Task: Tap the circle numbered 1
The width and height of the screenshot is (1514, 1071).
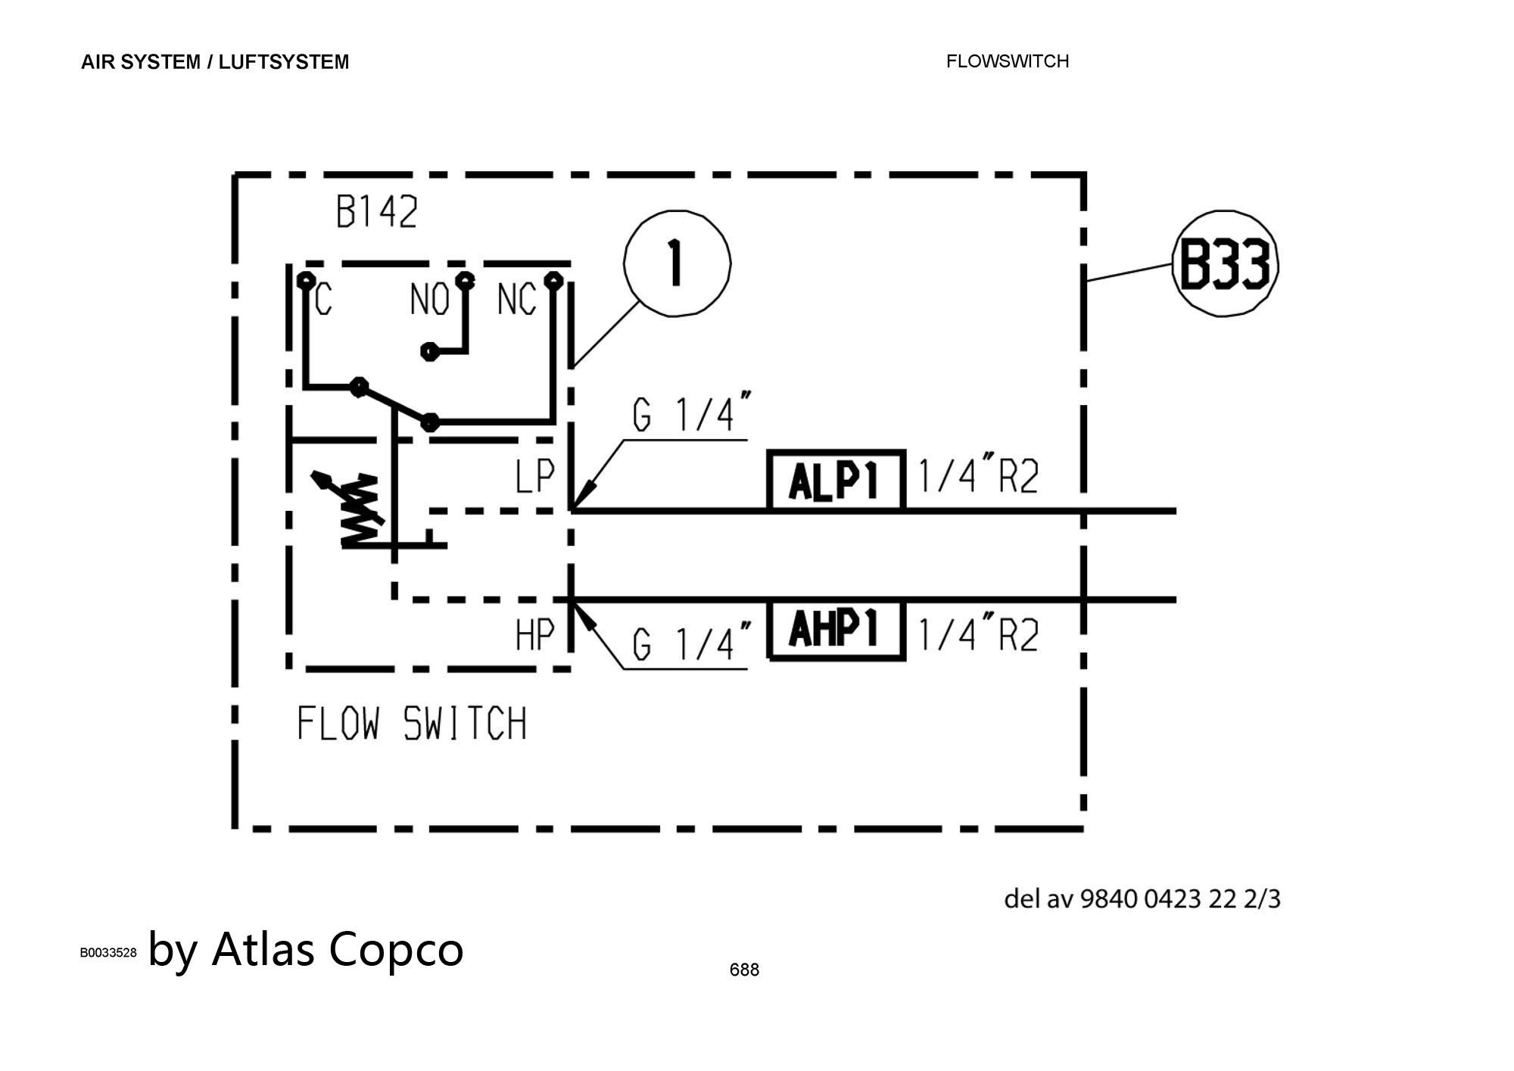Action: pyautogui.click(x=677, y=263)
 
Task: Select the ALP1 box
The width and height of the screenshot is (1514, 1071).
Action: pyautogui.click(x=836, y=481)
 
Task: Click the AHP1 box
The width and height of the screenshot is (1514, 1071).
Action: pyautogui.click(x=836, y=630)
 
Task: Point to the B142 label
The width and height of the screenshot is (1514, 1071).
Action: pyautogui.click(x=376, y=213)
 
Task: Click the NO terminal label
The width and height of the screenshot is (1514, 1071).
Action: pyautogui.click(x=428, y=300)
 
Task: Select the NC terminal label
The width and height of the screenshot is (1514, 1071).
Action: pyautogui.click(x=516, y=300)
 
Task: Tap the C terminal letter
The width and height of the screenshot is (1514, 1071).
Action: pyautogui.click(x=323, y=300)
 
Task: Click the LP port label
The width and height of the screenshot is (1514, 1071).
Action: pyautogui.click(x=535, y=478)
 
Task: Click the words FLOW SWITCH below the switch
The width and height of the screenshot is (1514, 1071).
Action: pyautogui.click(x=411, y=724)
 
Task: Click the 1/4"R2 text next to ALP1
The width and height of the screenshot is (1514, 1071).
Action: pyautogui.click(x=978, y=478)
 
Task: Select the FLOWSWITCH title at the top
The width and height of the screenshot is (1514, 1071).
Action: pyautogui.click(x=1007, y=61)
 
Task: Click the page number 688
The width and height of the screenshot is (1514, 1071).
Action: pyautogui.click(x=744, y=970)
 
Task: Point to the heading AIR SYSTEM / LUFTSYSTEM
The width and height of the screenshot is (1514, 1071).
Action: pyautogui.click(x=215, y=62)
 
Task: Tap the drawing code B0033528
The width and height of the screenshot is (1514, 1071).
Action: pyautogui.click(x=108, y=952)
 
